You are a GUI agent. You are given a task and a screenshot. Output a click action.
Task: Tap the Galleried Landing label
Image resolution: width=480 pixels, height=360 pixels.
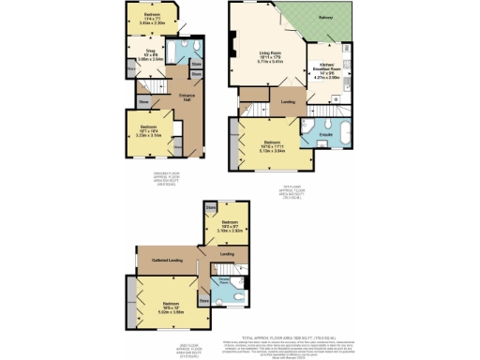point(155,247)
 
